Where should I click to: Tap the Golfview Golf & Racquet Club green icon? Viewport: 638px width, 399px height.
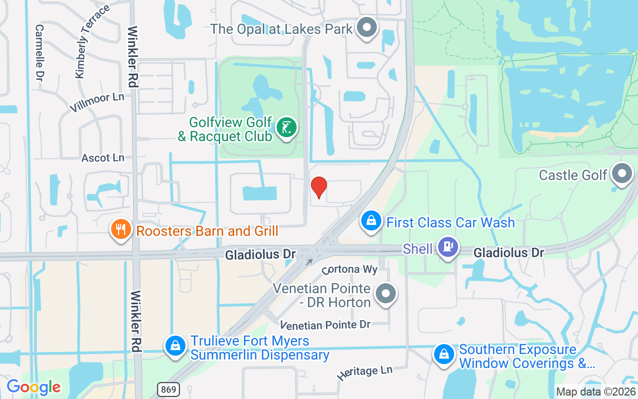[x=286, y=128]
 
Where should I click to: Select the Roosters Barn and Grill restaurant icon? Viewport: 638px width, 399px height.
[x=121, y=230]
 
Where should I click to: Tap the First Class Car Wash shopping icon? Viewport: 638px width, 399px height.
[x=371, y=221]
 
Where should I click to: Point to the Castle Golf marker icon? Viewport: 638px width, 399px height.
[x=622, y=174]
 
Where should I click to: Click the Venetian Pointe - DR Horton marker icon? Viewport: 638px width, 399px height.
[x=385, y=294]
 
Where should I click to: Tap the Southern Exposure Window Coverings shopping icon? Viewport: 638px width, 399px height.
[x=443, y=355]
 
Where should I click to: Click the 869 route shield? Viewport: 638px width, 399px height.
[x=169, y=389]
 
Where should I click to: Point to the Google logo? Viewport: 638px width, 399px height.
[x=33, y=387]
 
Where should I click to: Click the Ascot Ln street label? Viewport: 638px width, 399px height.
[x=103, y=158]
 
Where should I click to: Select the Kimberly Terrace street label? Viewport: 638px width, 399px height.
[x=92, y=42]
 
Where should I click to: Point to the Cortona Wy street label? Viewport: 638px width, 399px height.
[x=349, y=269]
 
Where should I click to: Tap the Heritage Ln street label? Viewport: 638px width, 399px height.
[x=365, y=373]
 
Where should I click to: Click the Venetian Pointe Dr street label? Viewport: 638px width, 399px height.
[x=325, y=325]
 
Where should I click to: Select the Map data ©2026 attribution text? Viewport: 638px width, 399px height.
[x=596, y=392]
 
